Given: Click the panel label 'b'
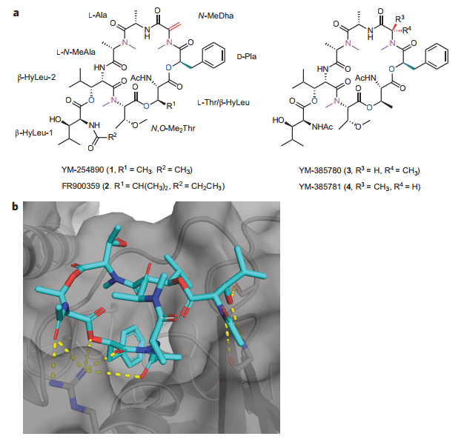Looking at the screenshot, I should click(x=16, y=204).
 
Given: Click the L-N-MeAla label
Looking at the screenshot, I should click(x=73, y=53).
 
